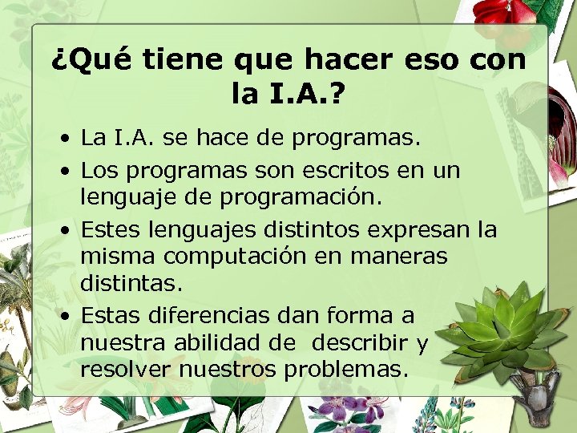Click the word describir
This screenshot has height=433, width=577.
[x=361, y=342]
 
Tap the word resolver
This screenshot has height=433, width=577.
[x=126, y=370]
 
